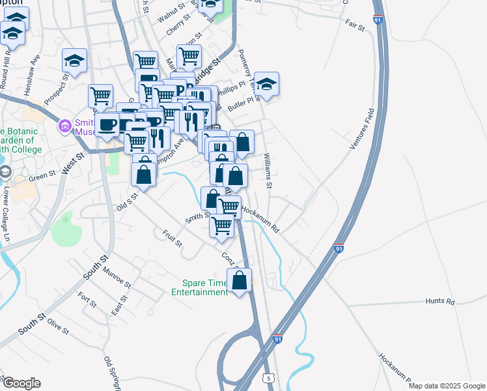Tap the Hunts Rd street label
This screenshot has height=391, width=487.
tap(439, 301)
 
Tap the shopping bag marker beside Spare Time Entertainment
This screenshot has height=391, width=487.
tap(240, 281)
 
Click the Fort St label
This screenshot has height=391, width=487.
tap(87, 300)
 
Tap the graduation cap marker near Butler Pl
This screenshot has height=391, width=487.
tap(266, 84)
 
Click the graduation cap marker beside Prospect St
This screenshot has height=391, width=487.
tap(75, 61)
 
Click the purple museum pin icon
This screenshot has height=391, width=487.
tap(64, 125)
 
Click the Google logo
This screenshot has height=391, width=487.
tap(21, 383)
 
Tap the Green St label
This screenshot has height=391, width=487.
tap(44, 175)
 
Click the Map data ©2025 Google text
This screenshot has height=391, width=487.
tap(446, 386)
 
